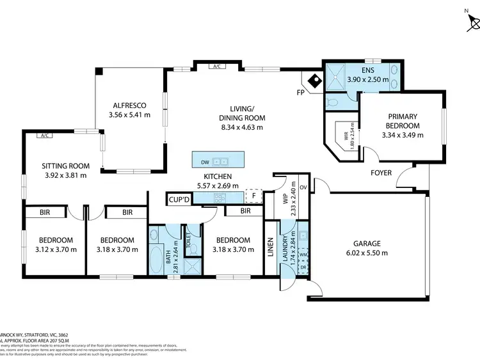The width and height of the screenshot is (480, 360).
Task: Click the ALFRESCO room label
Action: (x=131, y=105)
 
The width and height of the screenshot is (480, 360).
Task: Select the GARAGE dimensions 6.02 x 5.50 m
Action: (x=367, y=253)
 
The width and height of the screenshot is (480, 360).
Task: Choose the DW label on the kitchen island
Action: (x=204, y=162)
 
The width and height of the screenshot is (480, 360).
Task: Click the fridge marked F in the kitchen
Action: (x=254, y=196)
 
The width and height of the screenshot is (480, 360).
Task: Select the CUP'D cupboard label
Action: (x=178, y=200)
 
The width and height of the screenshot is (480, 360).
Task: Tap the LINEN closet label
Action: (x=270, y=247)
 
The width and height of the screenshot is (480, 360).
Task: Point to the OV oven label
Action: (x=303, y=187)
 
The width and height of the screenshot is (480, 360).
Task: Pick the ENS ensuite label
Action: (x=367, y=70)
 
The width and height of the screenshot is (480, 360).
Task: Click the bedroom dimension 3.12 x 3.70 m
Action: (x=54, y=249)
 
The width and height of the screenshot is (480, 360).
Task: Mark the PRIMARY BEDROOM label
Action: (x=403, y=121)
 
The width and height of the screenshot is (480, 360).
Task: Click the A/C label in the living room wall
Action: (x=216, y=66)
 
